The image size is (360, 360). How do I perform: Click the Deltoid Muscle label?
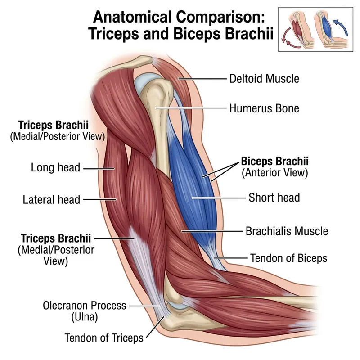(264, 79)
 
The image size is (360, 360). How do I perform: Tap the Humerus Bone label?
(264, 108)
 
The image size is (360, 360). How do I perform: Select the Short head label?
(274, 198)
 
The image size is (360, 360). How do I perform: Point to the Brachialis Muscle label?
(287, 232)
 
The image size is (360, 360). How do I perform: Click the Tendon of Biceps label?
(288, 258)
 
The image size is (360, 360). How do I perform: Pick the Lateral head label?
(51, 199)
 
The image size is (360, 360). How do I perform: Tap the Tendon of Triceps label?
(104, 337)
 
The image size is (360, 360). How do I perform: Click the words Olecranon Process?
(85, 306)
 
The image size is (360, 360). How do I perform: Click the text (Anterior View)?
(274, 172)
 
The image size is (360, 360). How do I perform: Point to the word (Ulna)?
(85, 317)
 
